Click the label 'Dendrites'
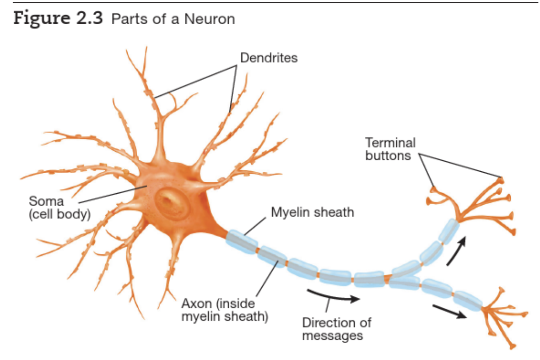269,58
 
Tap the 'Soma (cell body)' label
59,207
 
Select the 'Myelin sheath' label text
313,213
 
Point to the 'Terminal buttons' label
390,149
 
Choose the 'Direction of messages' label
336,329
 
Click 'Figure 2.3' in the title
59,19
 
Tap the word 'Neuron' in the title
213,19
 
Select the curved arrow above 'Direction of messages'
333,297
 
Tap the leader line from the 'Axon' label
267,279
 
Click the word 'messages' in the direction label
333,335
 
